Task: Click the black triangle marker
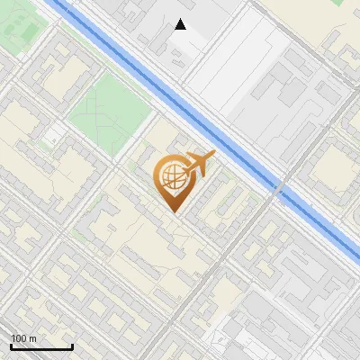(181, 24)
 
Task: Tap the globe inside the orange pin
(172, 176)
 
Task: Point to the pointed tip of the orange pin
(173, 211)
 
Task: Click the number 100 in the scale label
(19, 338)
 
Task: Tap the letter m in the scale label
(32, 338)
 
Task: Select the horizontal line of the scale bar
(40, 347)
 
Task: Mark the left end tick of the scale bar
(10, 346)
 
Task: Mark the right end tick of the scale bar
(72, 346)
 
